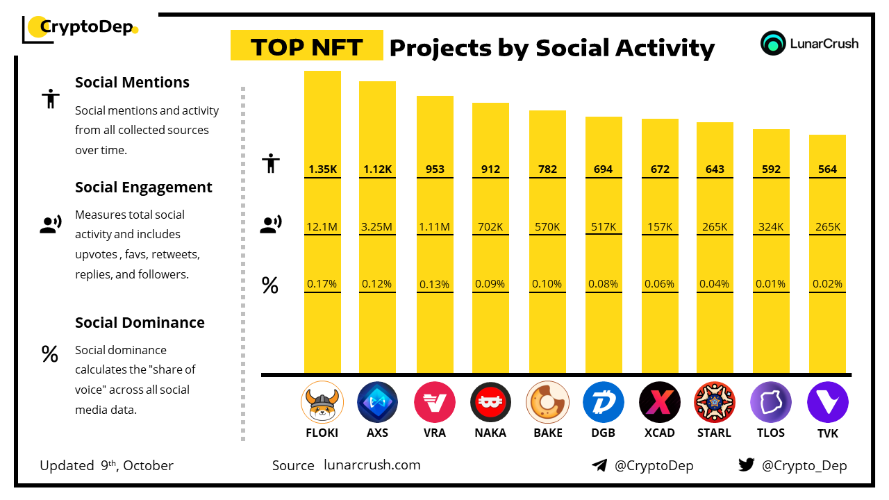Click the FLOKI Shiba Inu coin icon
tap(322, 402)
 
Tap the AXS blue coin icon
tap(377, 402)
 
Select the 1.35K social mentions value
tap(322, 169)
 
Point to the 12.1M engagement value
tap(322, 226)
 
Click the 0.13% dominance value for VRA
tap(435, 284)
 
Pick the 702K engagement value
tap(490, 226)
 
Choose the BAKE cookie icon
tap(547, 402)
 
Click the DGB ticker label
tap(603, 433)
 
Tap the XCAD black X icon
tap(660, 402)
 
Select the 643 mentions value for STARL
tap(715, 169)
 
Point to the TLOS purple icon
tap(771, 402)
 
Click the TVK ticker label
tap(827, 433)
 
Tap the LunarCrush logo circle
tap(773, 43)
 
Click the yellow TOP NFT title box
tap(306, 46)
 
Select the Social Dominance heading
tap(140, 322)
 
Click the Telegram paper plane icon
tap(599, 465)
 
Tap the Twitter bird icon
tap(747, 465)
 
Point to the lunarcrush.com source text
tap(372, 465)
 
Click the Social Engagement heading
tap(144, 187)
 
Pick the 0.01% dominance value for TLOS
tap(771, 284)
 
